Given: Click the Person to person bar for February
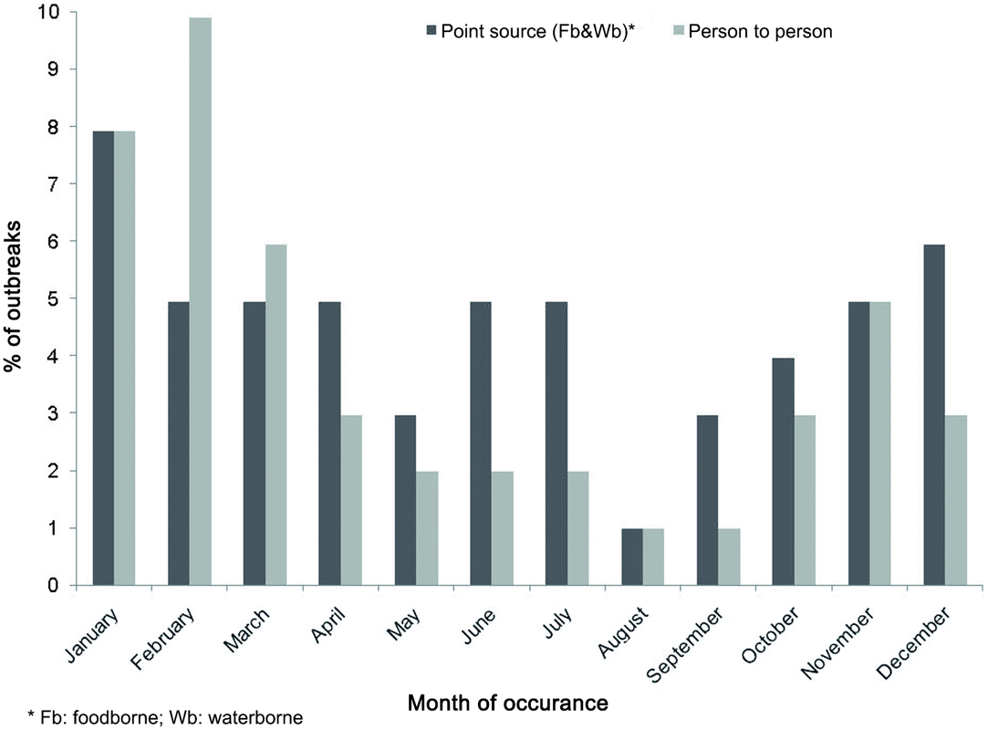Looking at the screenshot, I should click(200, 301).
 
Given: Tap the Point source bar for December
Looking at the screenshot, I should click(935, 415).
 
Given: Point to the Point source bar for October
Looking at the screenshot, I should click(784, 472).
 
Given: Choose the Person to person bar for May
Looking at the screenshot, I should click(427, 528).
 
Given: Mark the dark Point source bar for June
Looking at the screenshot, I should click(481, 443).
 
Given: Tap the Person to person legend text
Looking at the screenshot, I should click(760, 32).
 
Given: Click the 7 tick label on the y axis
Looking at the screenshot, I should click(57, 184).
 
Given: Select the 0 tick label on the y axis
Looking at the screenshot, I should click(57, 585).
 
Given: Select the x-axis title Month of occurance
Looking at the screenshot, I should click(506, 704).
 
